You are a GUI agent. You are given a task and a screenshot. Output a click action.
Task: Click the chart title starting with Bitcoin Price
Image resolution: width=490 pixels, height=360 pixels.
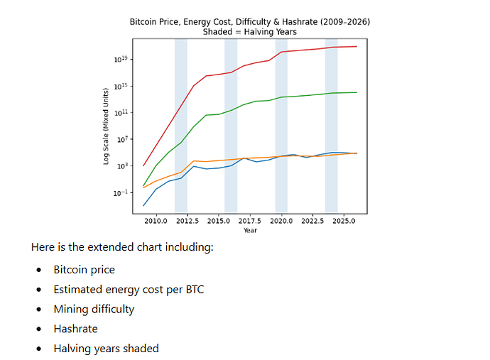coord(250,22)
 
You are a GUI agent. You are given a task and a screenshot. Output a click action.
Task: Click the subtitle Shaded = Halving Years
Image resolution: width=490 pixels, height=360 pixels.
coord(250,32)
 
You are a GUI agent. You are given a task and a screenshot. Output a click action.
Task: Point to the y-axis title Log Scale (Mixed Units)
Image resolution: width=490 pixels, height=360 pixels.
coord(106,126)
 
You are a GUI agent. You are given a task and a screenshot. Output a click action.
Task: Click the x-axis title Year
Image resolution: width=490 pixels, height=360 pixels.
coord(250,230)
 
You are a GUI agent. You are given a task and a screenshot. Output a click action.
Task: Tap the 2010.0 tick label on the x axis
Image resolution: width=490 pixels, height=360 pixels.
coord(156,222)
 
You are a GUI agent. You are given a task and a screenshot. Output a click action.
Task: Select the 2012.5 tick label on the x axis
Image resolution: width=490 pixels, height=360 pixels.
coord(187,222)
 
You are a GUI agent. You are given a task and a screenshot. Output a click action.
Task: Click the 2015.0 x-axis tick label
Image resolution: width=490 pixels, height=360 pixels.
coord(219,222)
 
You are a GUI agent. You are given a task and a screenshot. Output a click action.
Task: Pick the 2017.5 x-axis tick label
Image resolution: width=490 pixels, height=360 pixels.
coord(250,222)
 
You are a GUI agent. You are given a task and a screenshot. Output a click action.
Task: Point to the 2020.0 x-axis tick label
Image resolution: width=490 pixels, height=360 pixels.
coord(282,222)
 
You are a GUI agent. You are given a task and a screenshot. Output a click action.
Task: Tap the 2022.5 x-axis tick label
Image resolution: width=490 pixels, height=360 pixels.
coord(313,222)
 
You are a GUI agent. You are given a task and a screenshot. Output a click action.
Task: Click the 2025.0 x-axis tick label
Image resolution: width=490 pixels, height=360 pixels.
coord(344,222)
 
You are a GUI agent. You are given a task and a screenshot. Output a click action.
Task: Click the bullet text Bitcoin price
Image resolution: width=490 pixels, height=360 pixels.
coord(84,270)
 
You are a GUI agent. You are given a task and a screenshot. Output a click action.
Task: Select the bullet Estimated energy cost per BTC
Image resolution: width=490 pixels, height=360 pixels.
coord(128,290)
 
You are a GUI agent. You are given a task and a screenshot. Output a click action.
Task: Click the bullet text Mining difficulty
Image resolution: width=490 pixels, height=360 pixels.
coord(94,309)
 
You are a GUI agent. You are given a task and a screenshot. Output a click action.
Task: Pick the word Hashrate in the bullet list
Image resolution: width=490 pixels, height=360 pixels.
coord(75,329)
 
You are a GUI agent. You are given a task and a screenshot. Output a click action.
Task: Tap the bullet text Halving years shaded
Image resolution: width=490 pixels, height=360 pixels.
coord(106,348)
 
